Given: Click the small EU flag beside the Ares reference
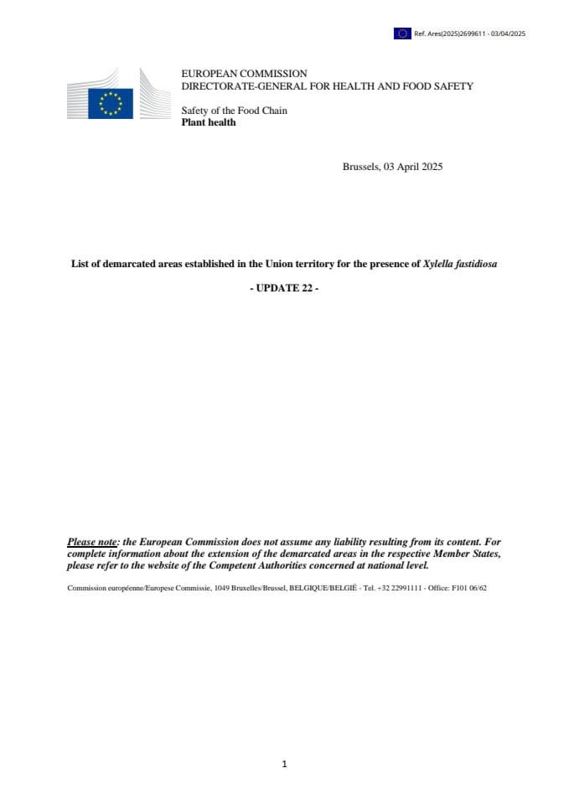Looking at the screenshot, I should point(401,33).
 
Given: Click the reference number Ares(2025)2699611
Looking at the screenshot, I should point(453,34).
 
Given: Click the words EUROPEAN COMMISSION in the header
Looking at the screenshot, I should point(244,74).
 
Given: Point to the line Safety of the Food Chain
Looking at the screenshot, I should point(234,111).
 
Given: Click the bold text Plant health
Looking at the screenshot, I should point(209,122).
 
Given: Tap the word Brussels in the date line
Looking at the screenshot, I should point(361,167).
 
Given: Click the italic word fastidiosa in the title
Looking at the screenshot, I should point(475,264).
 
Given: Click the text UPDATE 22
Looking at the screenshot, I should point(284,289).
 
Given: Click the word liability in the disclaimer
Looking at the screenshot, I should point(336,543).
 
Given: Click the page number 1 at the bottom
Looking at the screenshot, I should point(285,764).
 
